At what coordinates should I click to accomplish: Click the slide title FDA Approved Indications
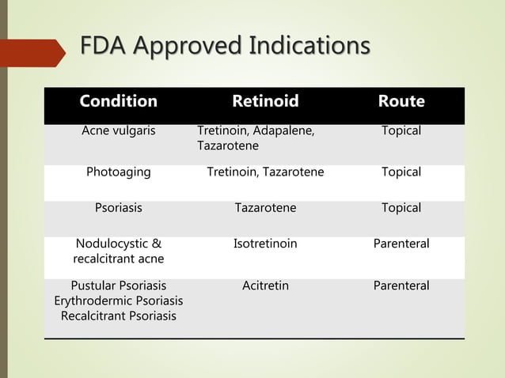pos(225,47)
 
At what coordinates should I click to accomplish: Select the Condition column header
pos(118,101)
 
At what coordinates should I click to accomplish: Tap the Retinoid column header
pos(265,101)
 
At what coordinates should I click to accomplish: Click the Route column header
pos(401,101)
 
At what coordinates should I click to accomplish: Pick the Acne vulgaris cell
pos(119,130)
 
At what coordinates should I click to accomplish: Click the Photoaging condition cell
pos(119,172)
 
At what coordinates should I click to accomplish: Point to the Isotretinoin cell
pos(265,244)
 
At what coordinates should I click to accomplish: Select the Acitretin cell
pos(265,285)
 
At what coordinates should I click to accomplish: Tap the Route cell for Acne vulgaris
pos(401,130)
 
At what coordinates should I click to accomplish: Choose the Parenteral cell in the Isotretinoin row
pos(401,244)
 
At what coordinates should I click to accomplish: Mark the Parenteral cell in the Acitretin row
pos(401,285)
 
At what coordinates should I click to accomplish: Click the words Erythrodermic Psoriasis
pos(119,301)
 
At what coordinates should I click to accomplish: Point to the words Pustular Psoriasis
pos(119,285)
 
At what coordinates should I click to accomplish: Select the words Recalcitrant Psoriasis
pos(119,316)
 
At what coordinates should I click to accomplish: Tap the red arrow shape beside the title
pos(36,52)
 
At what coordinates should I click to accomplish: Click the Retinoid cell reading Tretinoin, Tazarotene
pos(265,172)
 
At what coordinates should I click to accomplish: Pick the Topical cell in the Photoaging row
pos(401,172)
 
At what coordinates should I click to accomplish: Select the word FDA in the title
pos(103,47)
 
